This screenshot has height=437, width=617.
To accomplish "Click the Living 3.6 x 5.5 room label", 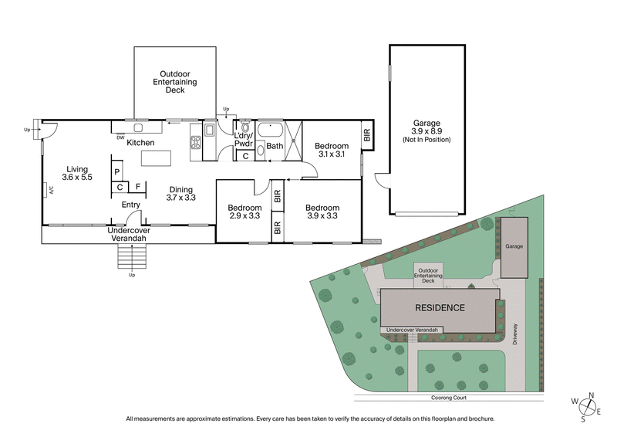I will tap(79, 173).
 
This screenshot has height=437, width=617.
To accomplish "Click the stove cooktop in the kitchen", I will tap(196, 141).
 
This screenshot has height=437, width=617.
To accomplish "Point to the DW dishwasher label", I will tap(121, 137).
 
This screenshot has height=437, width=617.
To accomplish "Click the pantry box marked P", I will tap(116, 172).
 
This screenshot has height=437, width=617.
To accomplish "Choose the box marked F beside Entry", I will tap(138, 186).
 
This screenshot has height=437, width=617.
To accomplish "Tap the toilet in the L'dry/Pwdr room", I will tap(246, 128).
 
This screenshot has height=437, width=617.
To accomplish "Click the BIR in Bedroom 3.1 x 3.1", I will tap(367, 137).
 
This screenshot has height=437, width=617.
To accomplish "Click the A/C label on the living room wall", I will tap(49, 189).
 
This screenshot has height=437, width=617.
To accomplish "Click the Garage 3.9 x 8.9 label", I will tap(426, 130).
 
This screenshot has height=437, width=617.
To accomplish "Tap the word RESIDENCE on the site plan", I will tap(440, 307).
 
